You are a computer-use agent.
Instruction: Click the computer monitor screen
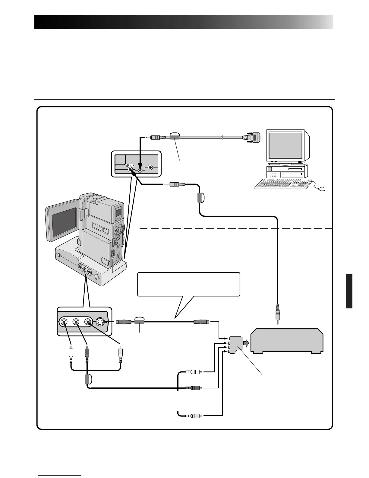285,147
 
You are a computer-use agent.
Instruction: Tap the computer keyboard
282,183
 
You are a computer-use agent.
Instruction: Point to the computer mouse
321,189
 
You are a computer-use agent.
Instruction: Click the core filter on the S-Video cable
139,322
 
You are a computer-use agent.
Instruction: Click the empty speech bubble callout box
188,284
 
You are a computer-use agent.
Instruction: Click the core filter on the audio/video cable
87,379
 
